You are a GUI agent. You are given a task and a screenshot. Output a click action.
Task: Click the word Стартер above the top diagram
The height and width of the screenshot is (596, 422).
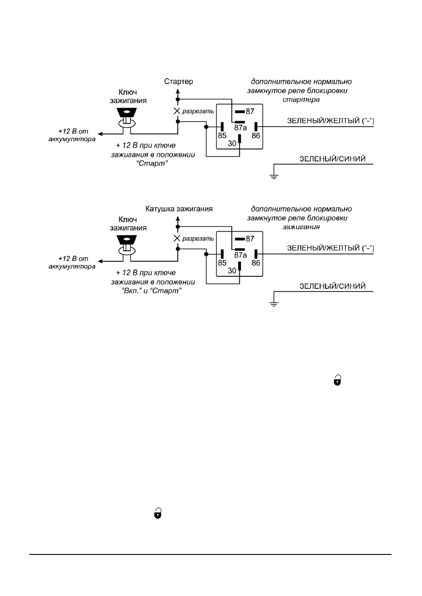[178, 81]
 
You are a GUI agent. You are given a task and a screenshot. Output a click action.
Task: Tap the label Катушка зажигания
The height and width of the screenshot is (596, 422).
[179, 209]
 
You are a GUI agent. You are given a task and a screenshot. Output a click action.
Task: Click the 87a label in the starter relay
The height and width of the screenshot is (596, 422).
[241, 128]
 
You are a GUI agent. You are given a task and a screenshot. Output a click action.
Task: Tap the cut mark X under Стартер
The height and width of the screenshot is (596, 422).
[177, 111]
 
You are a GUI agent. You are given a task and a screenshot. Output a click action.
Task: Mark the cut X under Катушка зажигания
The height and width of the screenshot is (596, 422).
[177, 238]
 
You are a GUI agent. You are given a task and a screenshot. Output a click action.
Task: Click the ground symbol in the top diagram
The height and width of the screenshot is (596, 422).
[274, 176]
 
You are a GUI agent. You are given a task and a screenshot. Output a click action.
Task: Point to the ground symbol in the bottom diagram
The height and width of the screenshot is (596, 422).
[274, 304]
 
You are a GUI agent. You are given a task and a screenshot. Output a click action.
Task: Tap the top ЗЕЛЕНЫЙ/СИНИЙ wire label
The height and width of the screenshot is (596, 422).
[333, 159]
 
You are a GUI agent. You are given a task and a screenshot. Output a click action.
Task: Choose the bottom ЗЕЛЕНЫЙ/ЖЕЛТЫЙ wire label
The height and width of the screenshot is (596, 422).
[330, 248]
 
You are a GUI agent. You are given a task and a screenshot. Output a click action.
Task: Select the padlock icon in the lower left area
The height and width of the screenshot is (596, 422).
[158, 513]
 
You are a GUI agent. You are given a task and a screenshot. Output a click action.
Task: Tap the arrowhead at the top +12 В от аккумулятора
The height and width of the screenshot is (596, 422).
[101, 134]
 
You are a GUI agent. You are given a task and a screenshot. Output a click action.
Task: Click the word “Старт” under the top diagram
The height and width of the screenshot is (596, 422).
[153, 163]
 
